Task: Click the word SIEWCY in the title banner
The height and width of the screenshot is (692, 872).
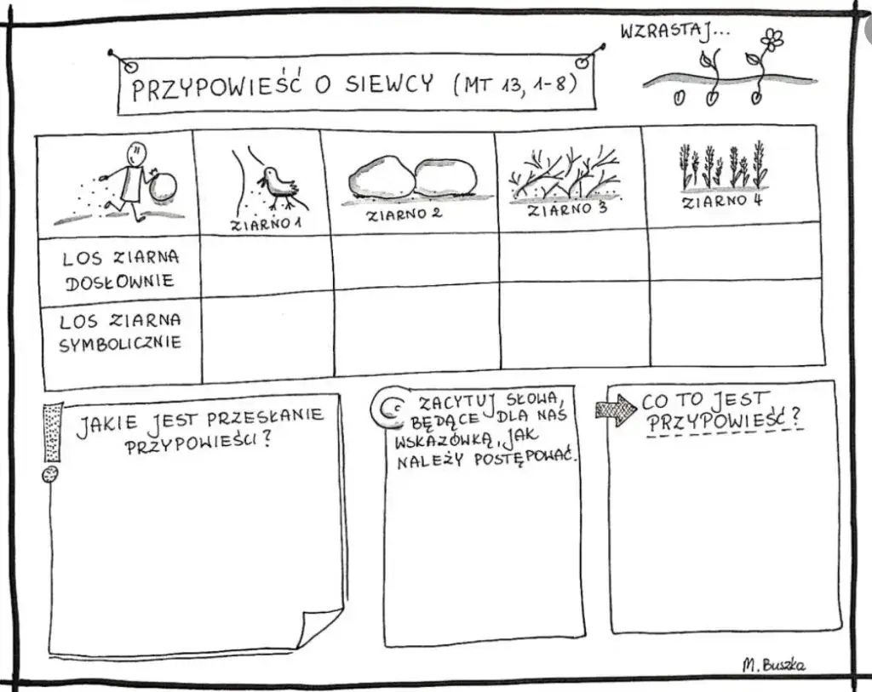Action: (x=387, y=85)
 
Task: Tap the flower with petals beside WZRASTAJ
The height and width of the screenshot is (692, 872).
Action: (x=772, y=39)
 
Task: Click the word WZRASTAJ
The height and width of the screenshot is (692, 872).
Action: (x=662, y=32)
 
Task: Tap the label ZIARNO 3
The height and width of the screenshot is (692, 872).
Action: (x=567, y=209)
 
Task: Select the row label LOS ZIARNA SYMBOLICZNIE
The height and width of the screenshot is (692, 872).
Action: (x=120, y=333)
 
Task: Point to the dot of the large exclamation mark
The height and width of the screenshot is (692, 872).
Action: (x=50, y=474)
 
